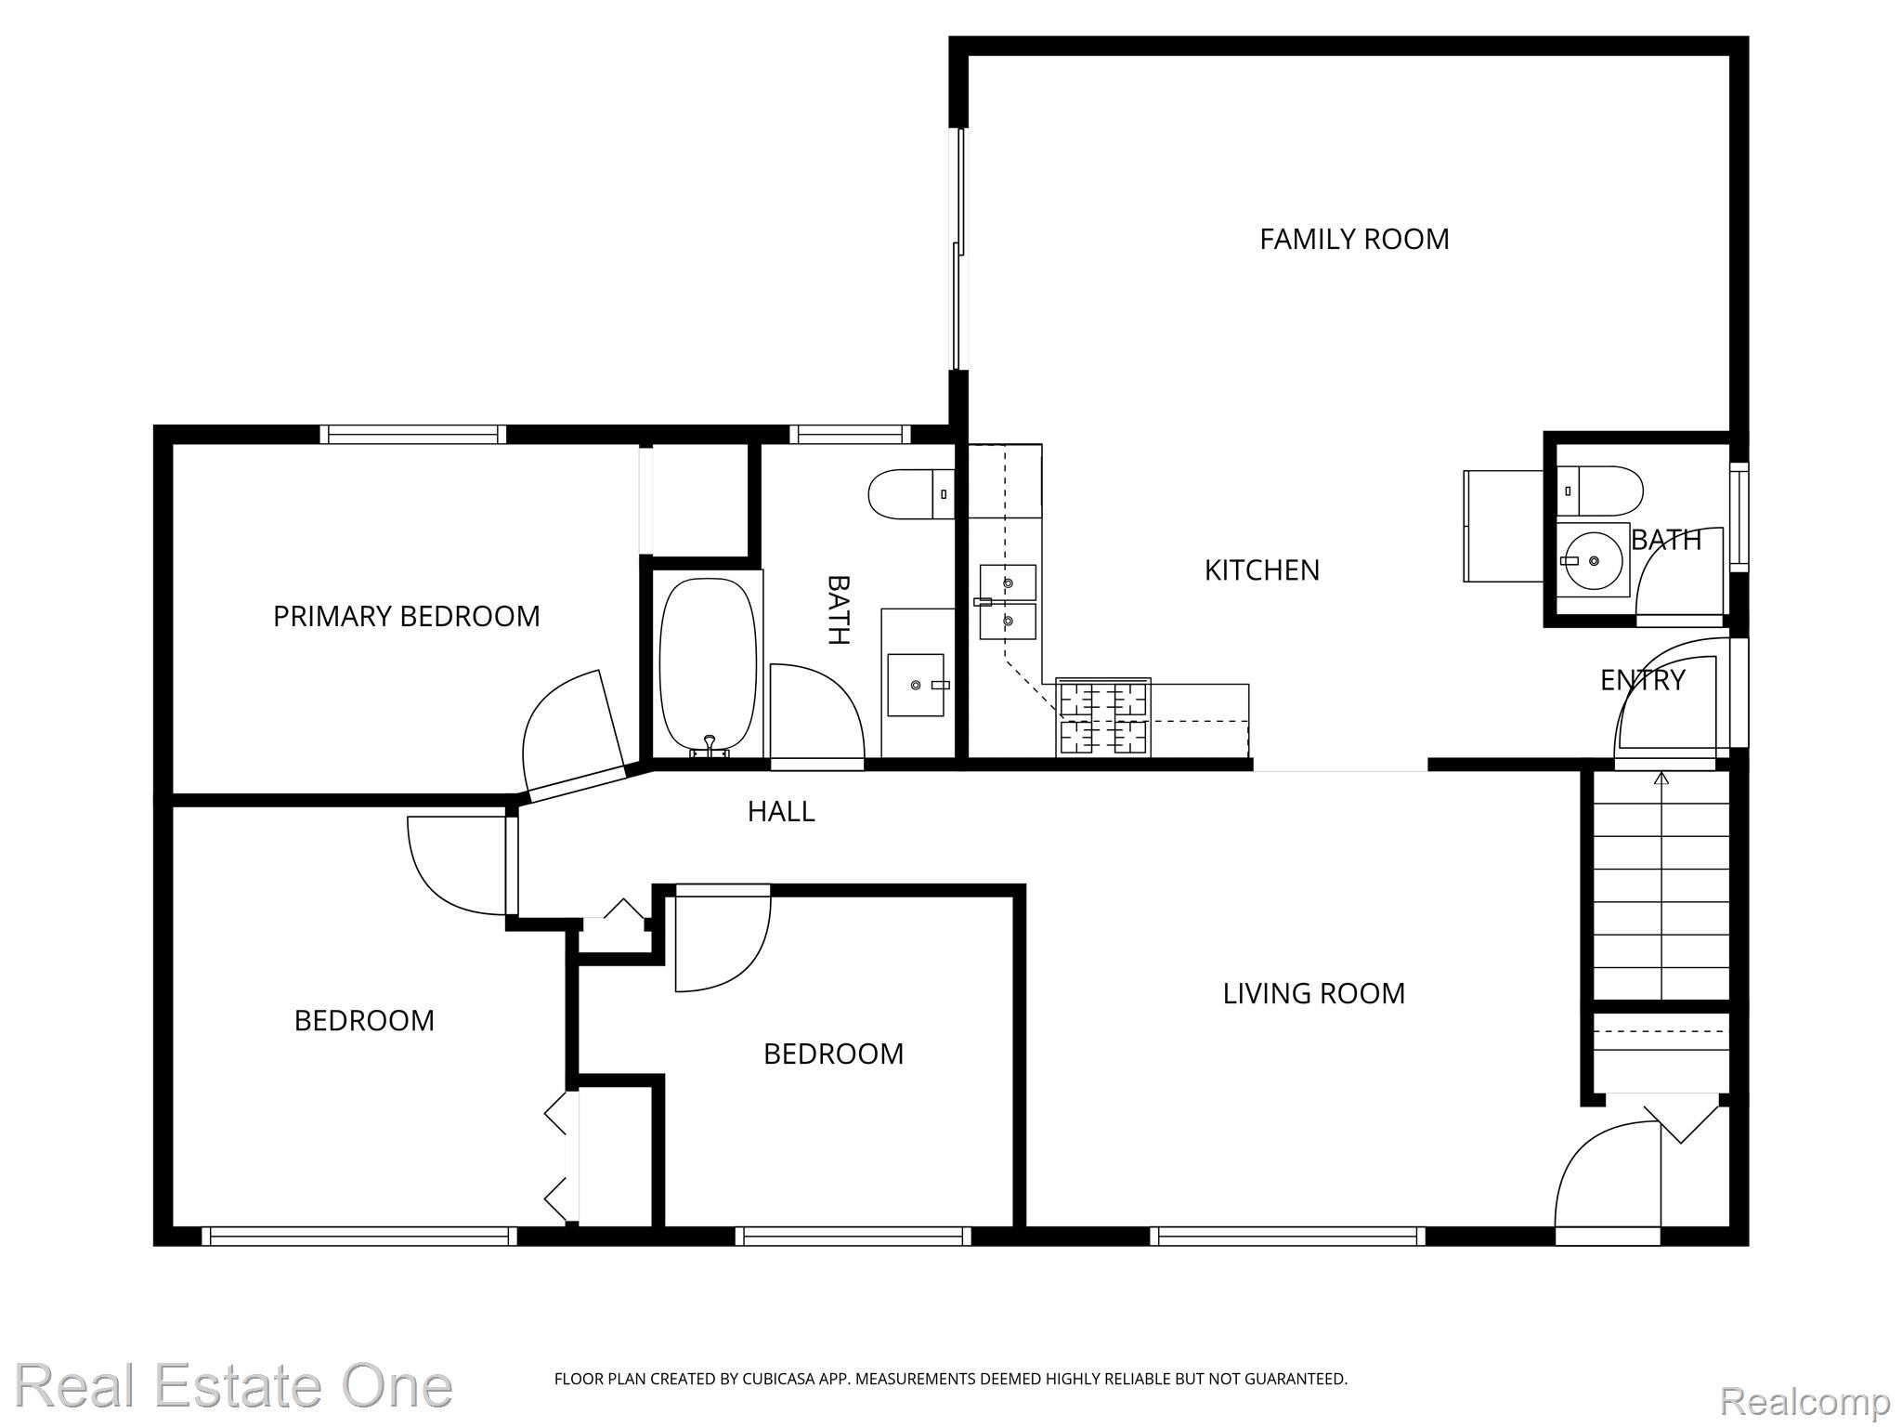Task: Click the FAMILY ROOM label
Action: (1353, 240)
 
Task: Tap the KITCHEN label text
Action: (1261, 570)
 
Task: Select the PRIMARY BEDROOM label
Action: (406, 617)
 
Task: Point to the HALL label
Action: (781, 812)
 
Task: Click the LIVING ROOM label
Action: (1313, 994)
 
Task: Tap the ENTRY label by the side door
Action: (1642, 681)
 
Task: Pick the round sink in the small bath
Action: (1592, 560)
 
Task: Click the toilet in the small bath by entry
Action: (1600, 491)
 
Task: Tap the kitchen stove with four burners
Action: (1103, 717)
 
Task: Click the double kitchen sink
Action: (1008, 602)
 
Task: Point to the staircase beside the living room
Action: (1661, 887)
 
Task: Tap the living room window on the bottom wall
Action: (1287, 1236)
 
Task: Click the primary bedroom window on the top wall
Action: (413, 434)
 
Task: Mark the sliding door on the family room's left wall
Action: (958, 249)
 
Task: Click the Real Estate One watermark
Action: (233, 1386)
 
